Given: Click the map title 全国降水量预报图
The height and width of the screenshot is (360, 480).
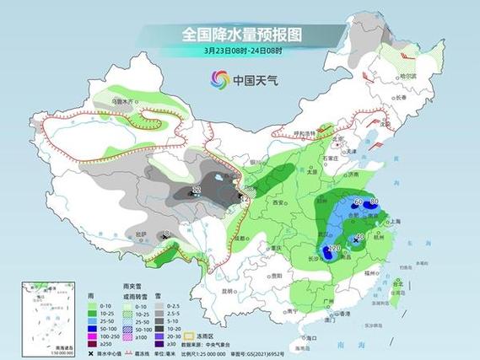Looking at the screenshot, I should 241,35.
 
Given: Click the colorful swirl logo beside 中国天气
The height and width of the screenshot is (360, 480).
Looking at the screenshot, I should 218,80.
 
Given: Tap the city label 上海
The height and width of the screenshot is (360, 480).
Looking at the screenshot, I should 391,222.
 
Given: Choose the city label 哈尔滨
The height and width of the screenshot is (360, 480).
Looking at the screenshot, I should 409,75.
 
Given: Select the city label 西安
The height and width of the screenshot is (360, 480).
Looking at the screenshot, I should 279,203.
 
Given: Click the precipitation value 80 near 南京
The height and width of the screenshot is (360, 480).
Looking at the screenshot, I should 374,201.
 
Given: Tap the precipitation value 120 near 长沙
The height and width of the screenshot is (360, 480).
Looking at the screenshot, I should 335,249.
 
